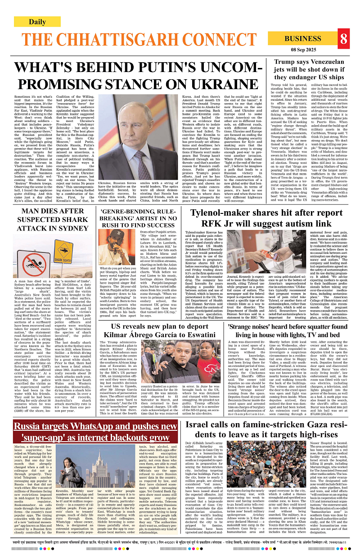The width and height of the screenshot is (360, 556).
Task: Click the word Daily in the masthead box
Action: tap(37, 22)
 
